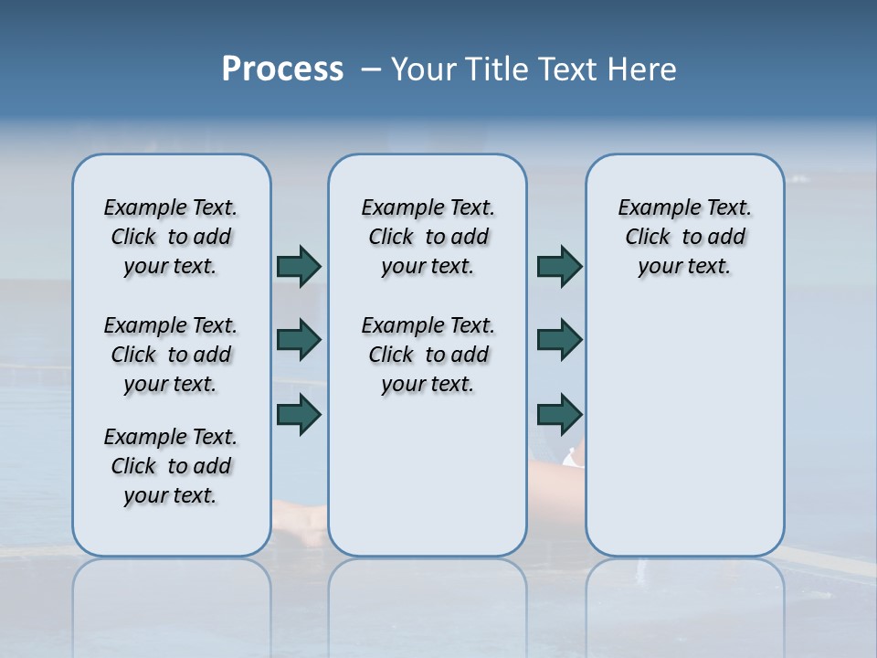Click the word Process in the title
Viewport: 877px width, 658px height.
pos(282,69)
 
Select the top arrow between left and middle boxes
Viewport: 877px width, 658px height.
pos(299,267)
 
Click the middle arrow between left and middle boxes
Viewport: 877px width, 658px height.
pos(299,340)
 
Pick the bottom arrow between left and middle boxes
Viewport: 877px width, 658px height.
pos(299,414)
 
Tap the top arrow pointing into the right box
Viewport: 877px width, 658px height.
pos(559,267)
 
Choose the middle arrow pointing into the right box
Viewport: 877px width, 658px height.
pos(559,340)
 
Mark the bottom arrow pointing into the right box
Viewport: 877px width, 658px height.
pos(559,414)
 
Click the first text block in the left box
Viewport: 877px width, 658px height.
pos(171,237)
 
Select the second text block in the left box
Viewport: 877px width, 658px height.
pos(171,355)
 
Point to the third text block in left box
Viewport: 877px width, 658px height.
pos(171,466)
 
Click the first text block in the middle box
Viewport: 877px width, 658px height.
pos(428,237)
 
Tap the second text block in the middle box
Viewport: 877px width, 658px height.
pos(428,355)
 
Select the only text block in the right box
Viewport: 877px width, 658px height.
pos(684,237)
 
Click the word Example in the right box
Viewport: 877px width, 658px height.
pos(652,207)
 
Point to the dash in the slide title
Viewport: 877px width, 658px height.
pos(371,69)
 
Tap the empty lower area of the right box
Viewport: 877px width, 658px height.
pos(684,439)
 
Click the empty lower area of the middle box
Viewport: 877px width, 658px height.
pos(428,475)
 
